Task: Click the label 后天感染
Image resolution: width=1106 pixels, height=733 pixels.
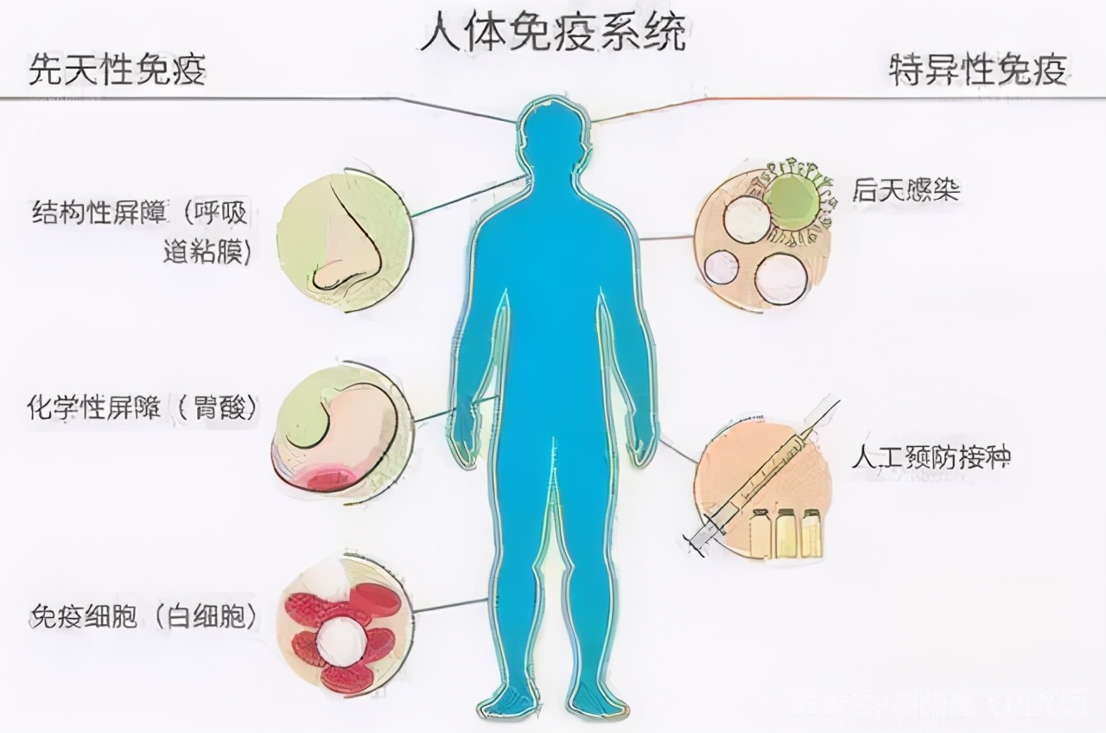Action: [x=906, y=190]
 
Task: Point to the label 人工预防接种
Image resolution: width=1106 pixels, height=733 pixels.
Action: [x=930, y=457]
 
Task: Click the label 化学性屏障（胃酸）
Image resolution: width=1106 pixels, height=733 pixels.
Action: [x=143, y=409]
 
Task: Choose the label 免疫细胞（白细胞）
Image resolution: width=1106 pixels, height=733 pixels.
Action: [x=143, y=615]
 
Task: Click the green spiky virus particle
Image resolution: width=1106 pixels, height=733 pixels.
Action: [x=793, y=199]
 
